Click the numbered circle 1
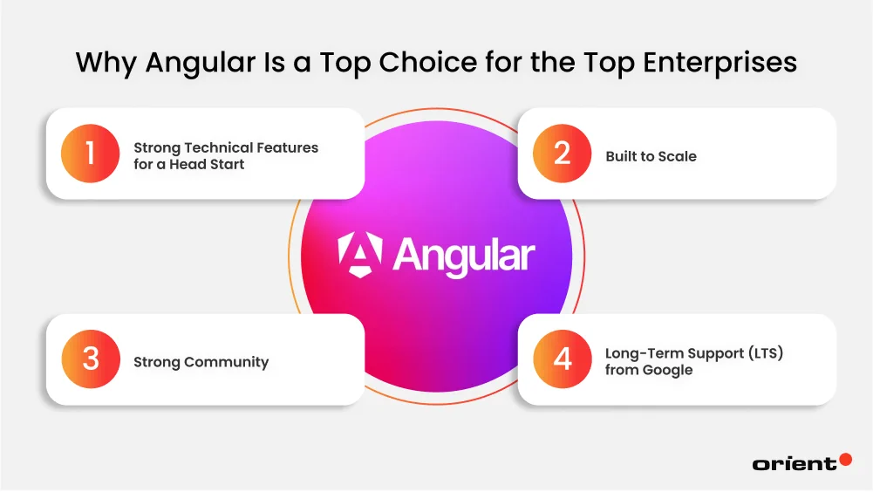pos(91,154)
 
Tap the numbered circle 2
pos(563,154)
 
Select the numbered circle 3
pos(91,359)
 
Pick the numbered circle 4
pos(563,359)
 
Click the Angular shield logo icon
pos(361,256)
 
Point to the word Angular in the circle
pos(463,256)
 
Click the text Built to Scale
pos(651,157)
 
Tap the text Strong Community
pos(201,362)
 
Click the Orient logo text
pos(794,464)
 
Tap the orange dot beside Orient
pos(844,459)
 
